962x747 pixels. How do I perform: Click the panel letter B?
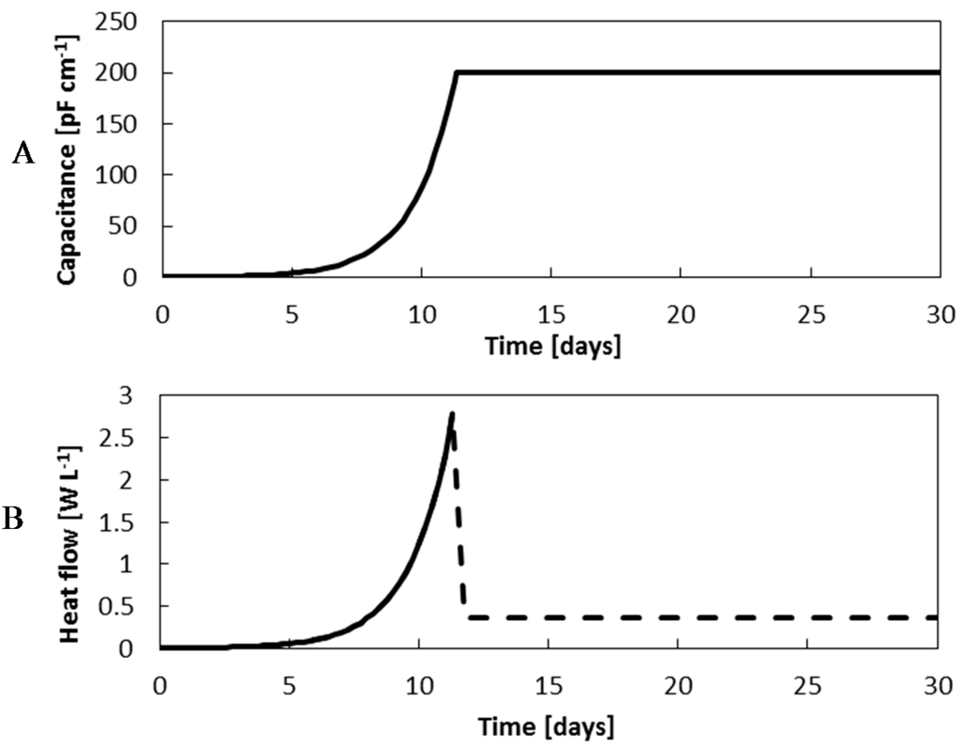16,520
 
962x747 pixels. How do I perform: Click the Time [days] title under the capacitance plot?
551,345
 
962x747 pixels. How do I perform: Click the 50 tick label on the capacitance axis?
132,226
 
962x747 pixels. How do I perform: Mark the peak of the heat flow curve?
452,413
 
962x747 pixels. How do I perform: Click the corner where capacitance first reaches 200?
456,72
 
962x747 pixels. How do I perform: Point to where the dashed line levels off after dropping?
467,617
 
